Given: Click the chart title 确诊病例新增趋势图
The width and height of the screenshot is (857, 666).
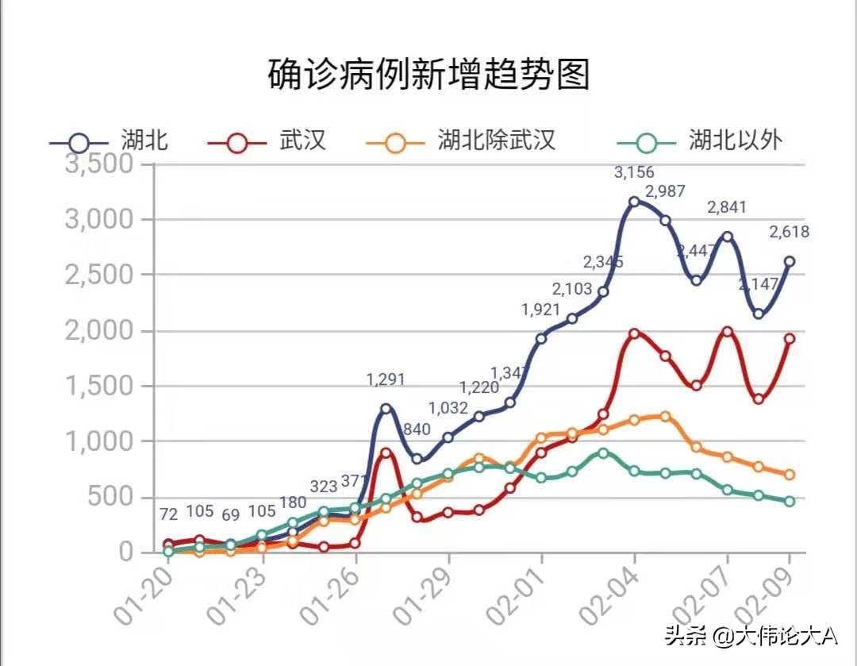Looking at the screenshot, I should click(428, 75).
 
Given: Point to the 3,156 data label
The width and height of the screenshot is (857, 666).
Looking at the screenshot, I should click(635, 172).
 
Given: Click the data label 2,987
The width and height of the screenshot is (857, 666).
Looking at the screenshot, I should click(665, 191).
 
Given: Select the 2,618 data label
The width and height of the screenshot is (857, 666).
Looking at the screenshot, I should click(789, 232).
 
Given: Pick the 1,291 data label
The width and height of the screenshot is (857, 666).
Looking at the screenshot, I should click(386, 379).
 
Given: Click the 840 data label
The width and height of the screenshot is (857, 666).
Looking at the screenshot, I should click(417, 429).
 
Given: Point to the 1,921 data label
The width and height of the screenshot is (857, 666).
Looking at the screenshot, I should click(540, 310).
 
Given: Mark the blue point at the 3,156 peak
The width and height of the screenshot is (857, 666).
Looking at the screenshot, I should click(634, 202).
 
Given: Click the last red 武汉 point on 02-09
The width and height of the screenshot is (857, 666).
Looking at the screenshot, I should click(790, 339).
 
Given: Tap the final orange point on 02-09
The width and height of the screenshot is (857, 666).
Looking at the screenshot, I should click(790, 475).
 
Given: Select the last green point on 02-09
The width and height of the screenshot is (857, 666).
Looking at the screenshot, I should click(790, 502).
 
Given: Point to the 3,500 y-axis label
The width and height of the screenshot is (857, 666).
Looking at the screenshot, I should click(98, 164).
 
